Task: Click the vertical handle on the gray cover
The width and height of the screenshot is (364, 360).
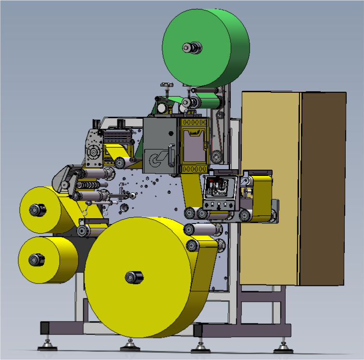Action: point(171,155)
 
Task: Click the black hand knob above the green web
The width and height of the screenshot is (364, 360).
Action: point(166,85)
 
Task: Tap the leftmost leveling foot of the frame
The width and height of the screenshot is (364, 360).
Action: point(47,345)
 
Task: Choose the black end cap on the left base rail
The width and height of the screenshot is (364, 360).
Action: point(45,328)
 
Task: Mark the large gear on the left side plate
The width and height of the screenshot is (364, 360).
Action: point(92,153)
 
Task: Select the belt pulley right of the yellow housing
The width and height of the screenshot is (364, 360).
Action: point(216,156)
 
